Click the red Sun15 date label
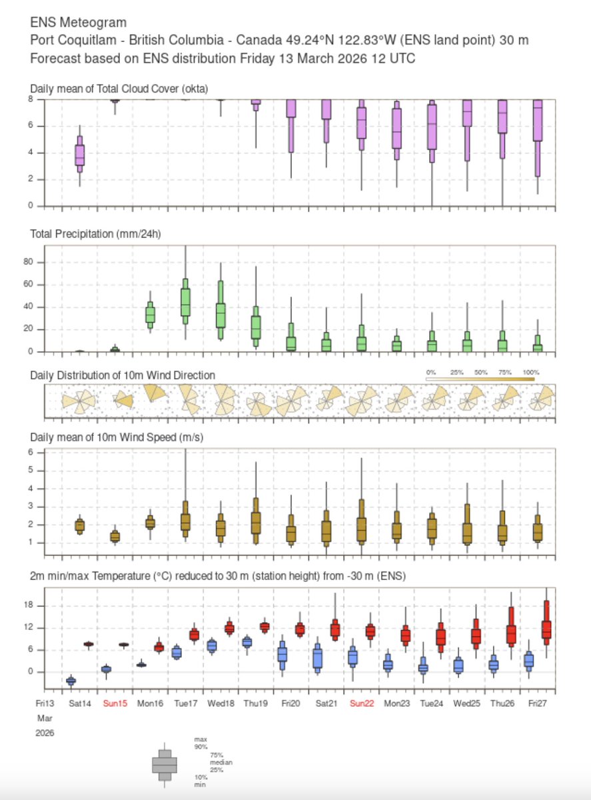(115, 703)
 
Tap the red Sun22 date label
(362, 703)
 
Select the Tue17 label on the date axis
(185, 703)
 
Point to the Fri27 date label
(538, 703)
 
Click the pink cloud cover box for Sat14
(80, 155)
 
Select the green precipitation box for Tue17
(185, 301)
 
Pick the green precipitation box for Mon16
(151, 314)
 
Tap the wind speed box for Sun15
(115, 537)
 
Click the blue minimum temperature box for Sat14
(71, 681)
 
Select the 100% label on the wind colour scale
(531, 372)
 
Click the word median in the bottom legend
(202, 762)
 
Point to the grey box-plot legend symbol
(165, 764)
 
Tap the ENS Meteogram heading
(79, 23)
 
